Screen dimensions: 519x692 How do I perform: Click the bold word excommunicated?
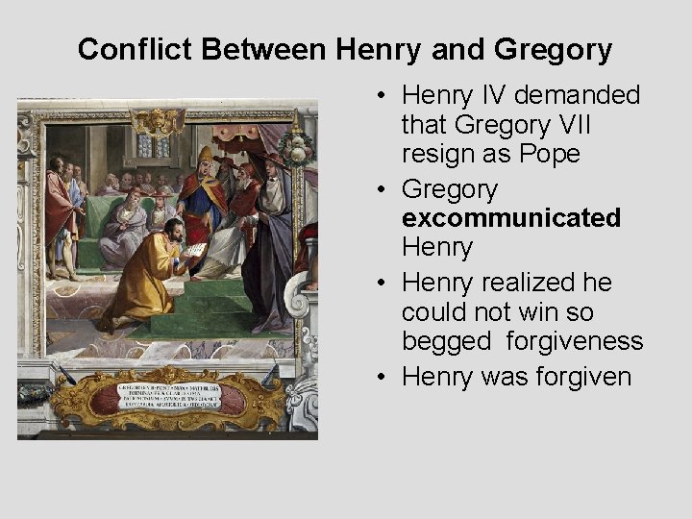click(x=511, y=218)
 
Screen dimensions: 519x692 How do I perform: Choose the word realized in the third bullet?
click(x=531, y=283)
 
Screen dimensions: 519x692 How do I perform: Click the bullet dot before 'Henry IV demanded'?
click(x=382, y=97)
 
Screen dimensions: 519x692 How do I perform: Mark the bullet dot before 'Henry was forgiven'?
click(x=382, y=377)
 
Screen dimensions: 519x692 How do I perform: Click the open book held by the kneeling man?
click(x=194, y=251)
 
